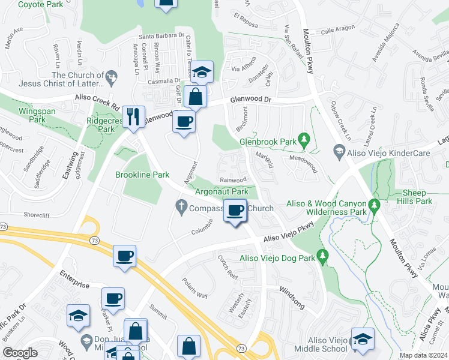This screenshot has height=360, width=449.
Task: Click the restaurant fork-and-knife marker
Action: click(133, 116)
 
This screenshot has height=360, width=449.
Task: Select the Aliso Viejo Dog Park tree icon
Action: click(322, 257)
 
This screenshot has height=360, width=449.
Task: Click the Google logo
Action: click(20, 353)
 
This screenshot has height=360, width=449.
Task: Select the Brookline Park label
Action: click(142, 175)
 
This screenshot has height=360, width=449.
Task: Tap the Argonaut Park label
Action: click(222, 191)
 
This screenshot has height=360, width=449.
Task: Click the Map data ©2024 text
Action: click(424, 355)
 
